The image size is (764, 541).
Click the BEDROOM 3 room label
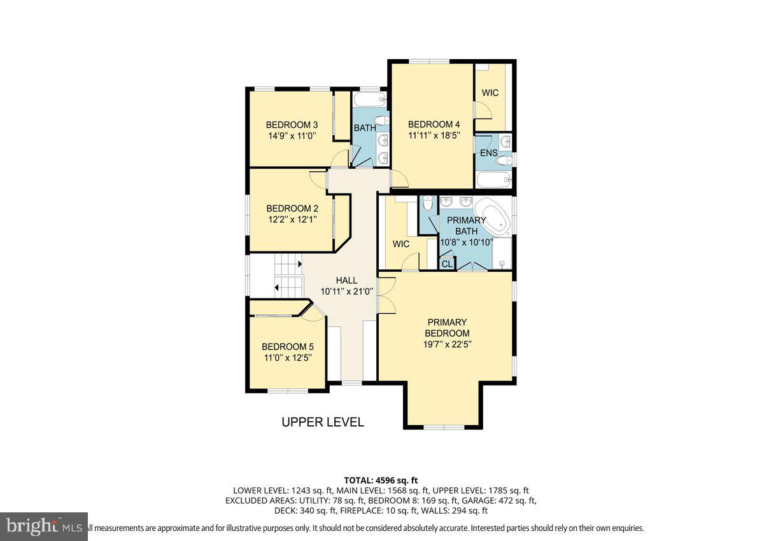coord(292,125)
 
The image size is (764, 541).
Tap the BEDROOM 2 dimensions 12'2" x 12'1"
coord(292,219)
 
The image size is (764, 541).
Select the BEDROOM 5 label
coord(288,347)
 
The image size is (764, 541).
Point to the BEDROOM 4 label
coord(434,124)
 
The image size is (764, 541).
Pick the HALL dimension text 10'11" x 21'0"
coord(347,292)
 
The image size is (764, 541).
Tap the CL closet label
coord(447,263)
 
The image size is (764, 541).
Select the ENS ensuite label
coord(489,153)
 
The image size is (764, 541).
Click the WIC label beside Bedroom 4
coord(490,93)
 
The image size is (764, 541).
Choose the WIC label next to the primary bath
coord(401,244)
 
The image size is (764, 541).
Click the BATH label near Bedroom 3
coord(365,128)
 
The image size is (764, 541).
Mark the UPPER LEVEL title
coord(323,422)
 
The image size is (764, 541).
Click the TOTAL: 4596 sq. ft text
coord(381,480)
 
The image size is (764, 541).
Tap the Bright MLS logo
coord(44,526)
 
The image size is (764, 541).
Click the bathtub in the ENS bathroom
coord(494,180)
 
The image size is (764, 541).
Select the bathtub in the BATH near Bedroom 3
coord(369,100)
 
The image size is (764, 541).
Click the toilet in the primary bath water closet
coord(427,204)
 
